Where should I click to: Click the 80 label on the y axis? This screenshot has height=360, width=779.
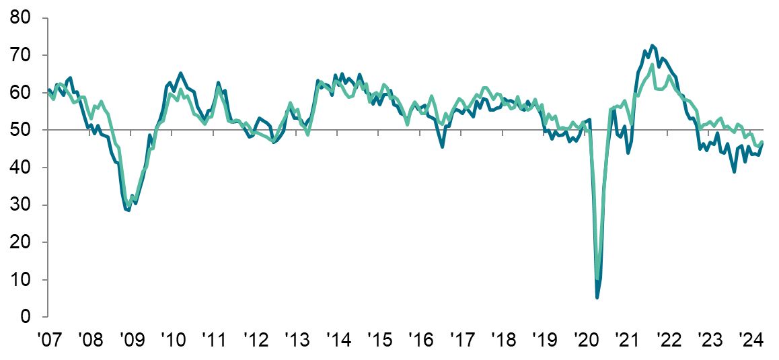point(22,17)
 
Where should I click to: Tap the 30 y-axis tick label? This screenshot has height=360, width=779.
point(22,205)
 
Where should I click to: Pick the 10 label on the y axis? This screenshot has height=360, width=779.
point(22,279)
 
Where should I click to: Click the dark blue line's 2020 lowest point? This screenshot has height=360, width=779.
point(597,297)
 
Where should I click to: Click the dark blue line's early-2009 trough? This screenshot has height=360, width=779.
point(128,211)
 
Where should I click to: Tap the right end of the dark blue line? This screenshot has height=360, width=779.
point(762,143)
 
